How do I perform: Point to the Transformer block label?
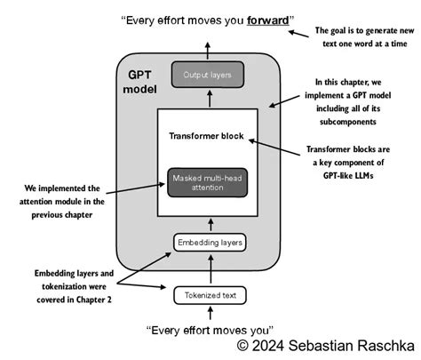tap(208, 138)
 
